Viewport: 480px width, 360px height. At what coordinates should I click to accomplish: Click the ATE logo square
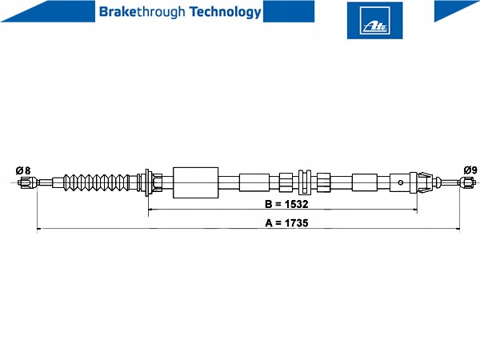tap(374, 21)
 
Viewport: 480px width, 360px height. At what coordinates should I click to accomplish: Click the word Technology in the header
tap(226, 12)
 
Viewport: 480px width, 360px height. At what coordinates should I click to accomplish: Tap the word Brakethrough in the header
tap(142, 12)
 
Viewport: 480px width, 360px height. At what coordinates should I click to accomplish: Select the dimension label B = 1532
tap(286, 204)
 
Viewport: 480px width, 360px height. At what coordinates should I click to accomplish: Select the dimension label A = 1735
tap(286, 223)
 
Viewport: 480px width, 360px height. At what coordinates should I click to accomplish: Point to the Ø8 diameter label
tap(23, 170)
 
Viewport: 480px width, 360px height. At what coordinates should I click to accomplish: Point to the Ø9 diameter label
tap(470, 170)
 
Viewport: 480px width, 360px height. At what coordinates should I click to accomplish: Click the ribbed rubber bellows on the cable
tap(97, 182)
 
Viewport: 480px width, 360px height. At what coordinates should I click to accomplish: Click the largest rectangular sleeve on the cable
tap(196, 182)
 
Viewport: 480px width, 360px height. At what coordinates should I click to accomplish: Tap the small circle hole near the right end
tap(401, 182)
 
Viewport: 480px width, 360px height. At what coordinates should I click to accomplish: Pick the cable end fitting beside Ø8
tap(27, 182)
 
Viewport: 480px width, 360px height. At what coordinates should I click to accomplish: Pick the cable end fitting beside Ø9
tap(468, 182)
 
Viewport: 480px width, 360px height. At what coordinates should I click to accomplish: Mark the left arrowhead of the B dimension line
tap(150, 210)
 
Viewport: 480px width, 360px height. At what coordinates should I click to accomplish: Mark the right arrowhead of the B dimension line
tap(415, 210)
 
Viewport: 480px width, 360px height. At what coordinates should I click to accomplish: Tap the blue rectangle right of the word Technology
tap(289, 11)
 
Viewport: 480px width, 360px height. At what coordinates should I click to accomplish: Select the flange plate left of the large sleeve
tap(147, 182)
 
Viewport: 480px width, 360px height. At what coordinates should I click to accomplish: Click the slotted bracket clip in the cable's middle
tap(305, 182)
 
